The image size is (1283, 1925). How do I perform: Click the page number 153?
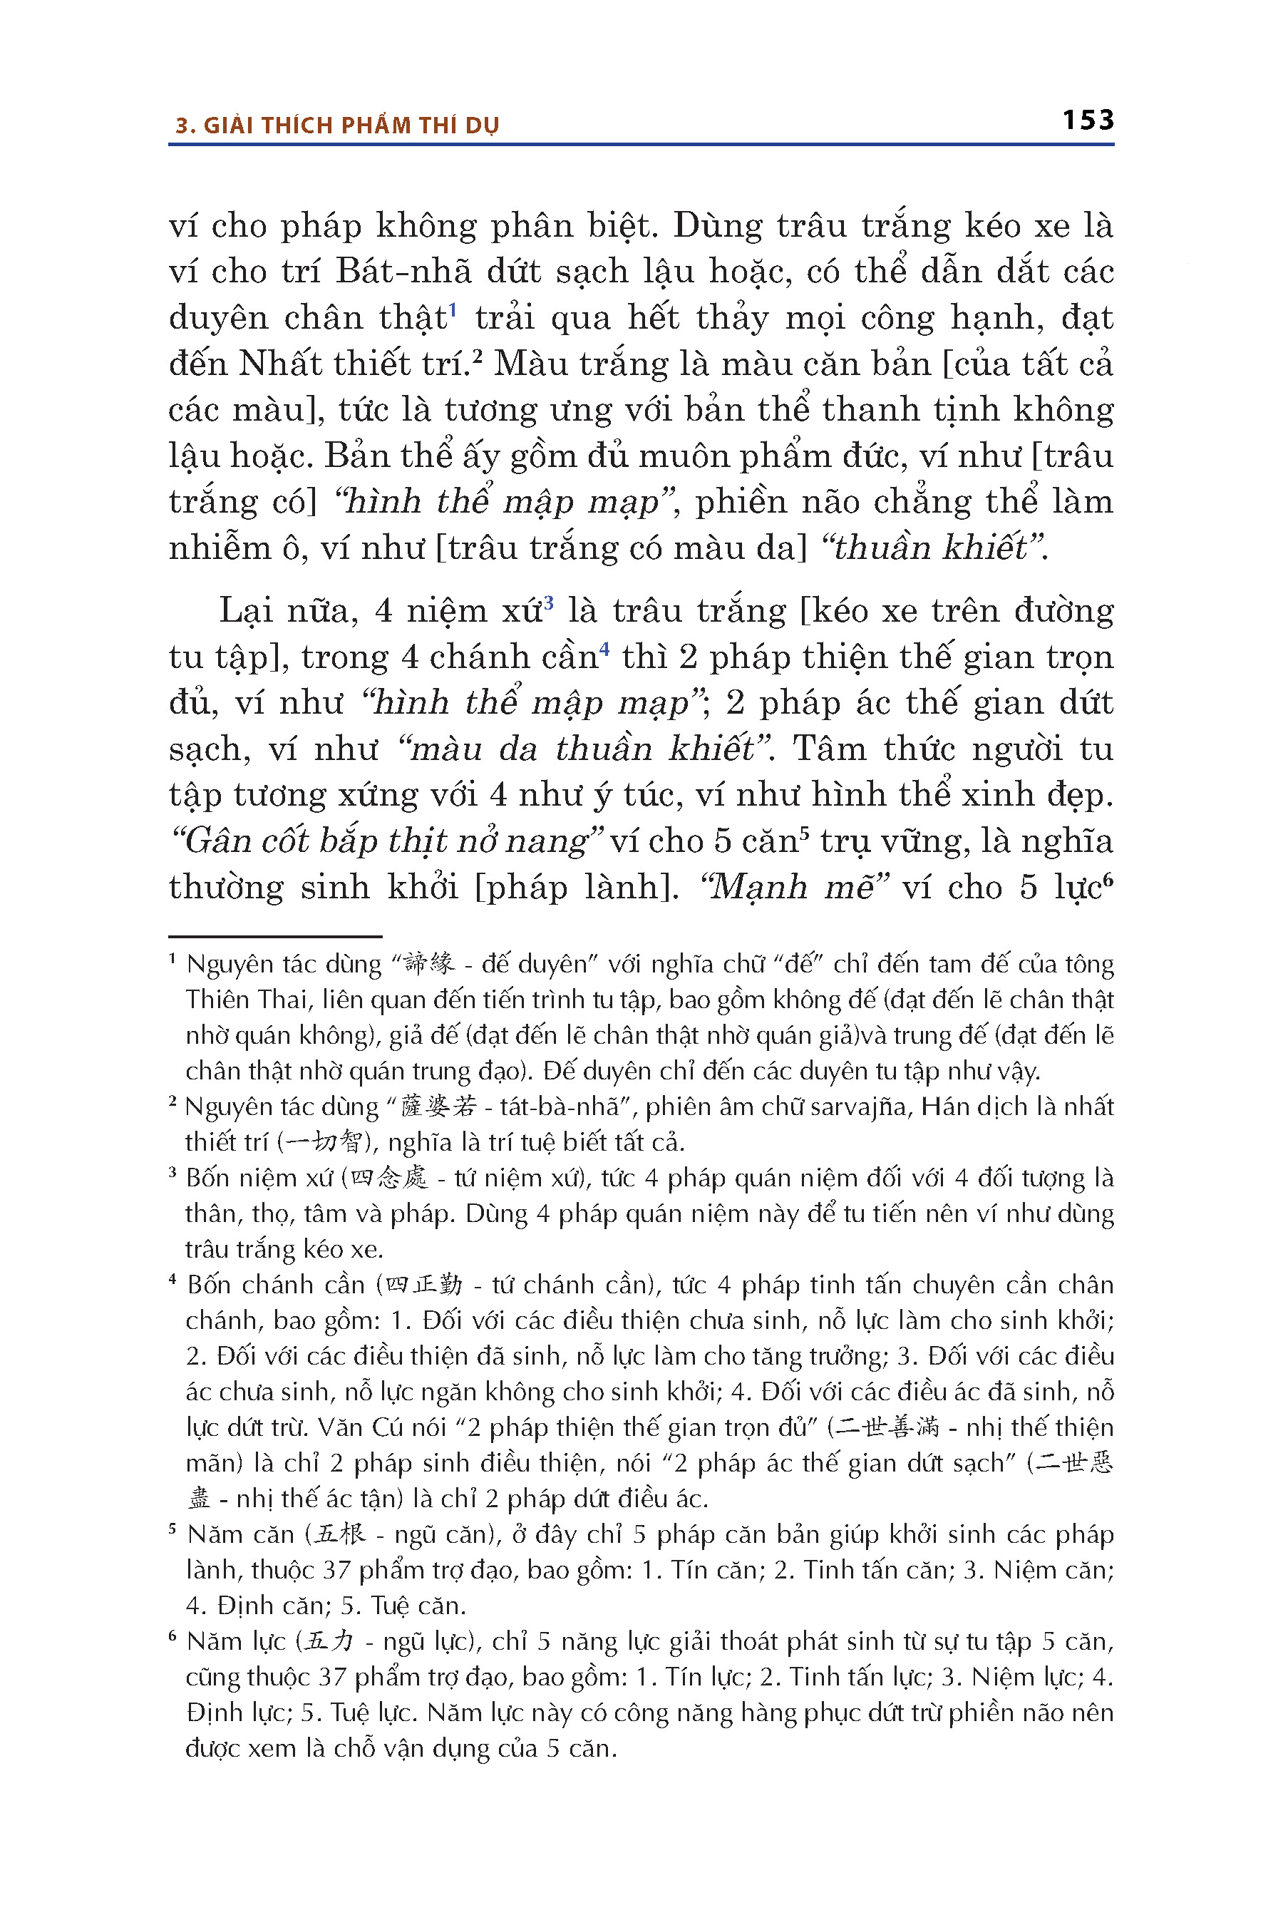(1088, 120)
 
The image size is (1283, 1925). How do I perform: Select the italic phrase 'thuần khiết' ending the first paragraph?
(939, 548)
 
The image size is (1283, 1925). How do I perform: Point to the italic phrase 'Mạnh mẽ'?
(794, 887)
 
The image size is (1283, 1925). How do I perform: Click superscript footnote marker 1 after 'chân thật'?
(453, 309)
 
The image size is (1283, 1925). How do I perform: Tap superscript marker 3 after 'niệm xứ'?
(549, 603)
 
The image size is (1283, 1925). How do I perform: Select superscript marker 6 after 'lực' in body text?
(1108, 880)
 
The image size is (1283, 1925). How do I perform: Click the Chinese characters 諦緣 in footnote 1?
(430, 963)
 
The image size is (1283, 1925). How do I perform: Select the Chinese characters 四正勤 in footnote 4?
(424, 1285)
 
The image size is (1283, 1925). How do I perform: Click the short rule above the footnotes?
(275, 935)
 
